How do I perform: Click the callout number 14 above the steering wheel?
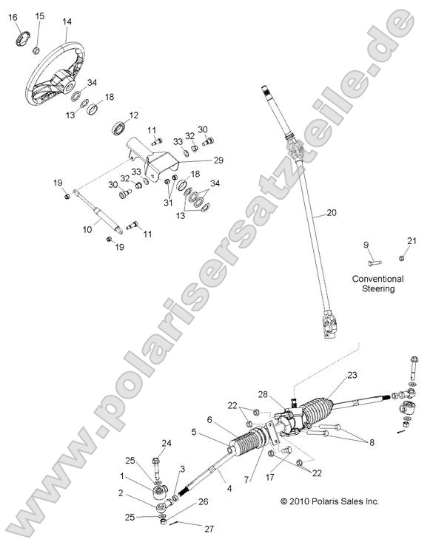click(67, 21)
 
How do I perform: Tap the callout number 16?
click(13, 18)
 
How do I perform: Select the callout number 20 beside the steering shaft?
click(332, 212)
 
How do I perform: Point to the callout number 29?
click(218, 160)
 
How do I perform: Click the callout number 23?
click(352, 375)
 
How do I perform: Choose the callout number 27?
click(209, 529)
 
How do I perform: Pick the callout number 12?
click(133, 115)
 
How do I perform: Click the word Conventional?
click(377, 279)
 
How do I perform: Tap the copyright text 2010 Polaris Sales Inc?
click(329, 501)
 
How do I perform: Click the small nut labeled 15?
click(36, 50)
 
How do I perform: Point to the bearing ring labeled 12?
click(119, 128)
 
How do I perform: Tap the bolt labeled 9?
click(375, 263)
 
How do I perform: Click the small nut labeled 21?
click(401, 258)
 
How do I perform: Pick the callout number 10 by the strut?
click(87, 229)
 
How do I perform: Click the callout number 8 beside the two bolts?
click(372, 442)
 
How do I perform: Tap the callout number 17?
click(270, 477)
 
